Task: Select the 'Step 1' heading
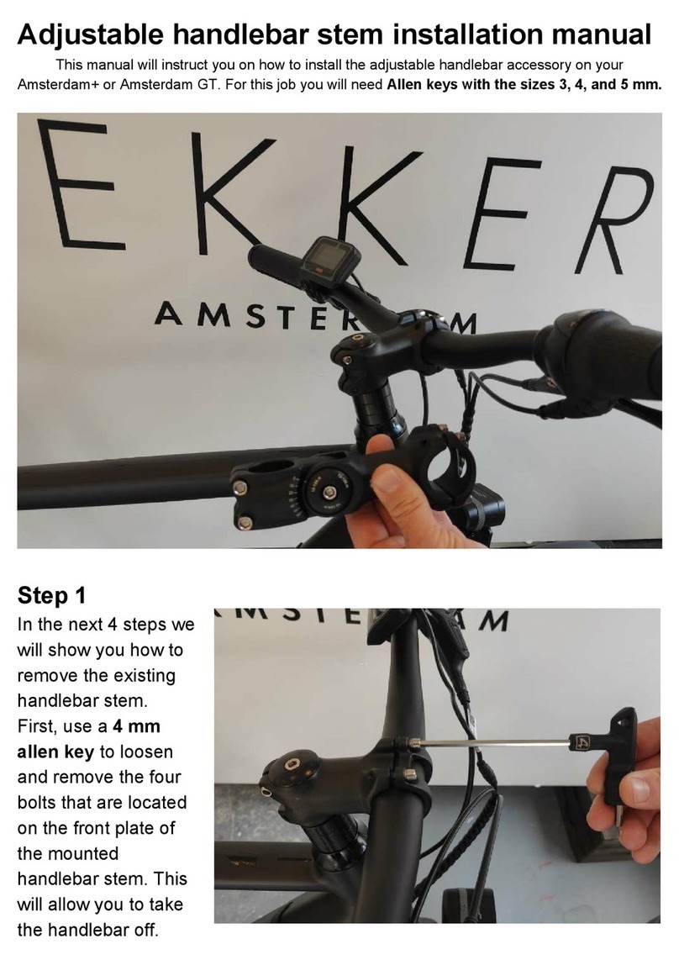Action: (51, 596)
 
